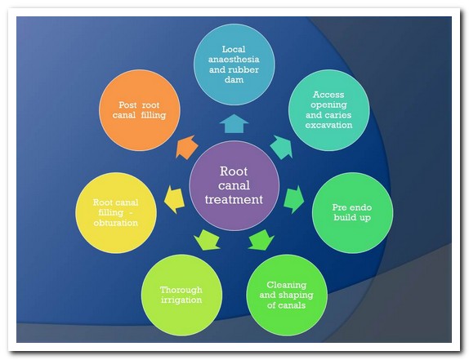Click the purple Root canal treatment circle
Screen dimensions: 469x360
click(x=234, y=185)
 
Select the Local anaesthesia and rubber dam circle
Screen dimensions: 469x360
click(x=234, y=64)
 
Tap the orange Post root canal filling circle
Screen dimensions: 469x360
click(x=140, y=110)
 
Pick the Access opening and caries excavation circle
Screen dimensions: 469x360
click(x=328, y=110)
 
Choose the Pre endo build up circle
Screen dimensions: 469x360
click(x=352, y=213)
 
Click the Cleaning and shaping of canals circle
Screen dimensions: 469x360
click(x=287, y=295)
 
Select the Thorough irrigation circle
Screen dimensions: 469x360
click(x=181, y=295)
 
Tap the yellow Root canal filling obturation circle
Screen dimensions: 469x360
click(x=116, y=213)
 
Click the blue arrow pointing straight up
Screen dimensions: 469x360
click(x=234, y=123)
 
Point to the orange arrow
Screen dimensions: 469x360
click(x=186, y=147)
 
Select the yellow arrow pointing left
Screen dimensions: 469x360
click(x=174, y=199)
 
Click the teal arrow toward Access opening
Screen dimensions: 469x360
click(x=281, y=147)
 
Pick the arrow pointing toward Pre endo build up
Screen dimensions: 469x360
click(x=293, y=199)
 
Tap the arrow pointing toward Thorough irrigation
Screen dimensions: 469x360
click(x=207, y=240)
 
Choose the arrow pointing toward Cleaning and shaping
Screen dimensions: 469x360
click(x=261, y=240)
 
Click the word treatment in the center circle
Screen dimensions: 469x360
click(x=234, y=199)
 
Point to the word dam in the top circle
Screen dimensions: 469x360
click(x=234, y=80)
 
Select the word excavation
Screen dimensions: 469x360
click(x=328, y=125)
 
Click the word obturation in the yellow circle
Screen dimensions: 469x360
click(x=116, y=223)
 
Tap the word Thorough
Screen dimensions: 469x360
click(x=181, y=290)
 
